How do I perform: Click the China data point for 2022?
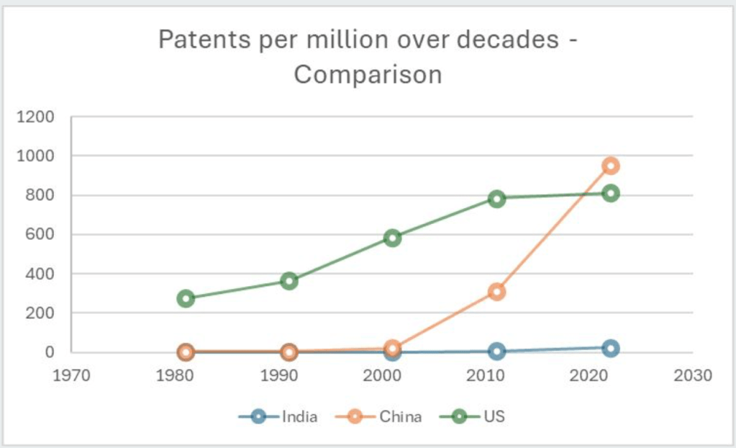pyautogui.click(x=611, y=166)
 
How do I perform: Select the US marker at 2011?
pyautogui.click(x=496, y=198)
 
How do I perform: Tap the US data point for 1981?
pyautogui.click(x=186, y=298)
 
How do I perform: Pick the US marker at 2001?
pyautogui.click(x=392, y=238)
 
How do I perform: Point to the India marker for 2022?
pyautogui.click(x=611, y=348)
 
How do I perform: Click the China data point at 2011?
pyautogui.click(x=496, y=292)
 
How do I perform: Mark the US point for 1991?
pyautogui.click(x=289, y=281)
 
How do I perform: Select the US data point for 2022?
pyautogui.click(x=611, y=193)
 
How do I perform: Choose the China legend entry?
pyautogui.click(x=385, y=416)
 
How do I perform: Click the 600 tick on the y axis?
pyautogui.click(x=40, y=235)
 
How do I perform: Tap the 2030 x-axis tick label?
pyautogui.click(x=693, y=375)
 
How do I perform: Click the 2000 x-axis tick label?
pyautogui.click(x=382, y=375)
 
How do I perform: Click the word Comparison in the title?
pyautogui.click(x=368, y=74)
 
